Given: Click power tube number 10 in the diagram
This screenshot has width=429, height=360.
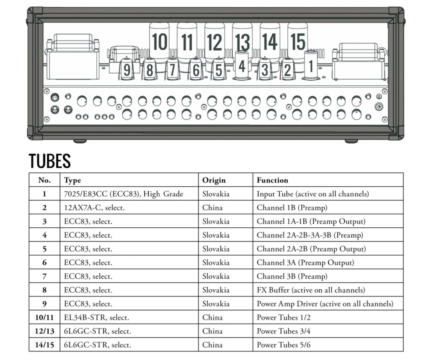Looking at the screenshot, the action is point(159,42).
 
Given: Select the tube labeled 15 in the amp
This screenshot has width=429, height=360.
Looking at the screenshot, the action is point(297,42).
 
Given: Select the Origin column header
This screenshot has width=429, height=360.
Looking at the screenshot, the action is point(214,180).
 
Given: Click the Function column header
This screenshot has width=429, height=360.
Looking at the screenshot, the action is point(272,180).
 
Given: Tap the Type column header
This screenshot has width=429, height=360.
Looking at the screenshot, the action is point(72,180).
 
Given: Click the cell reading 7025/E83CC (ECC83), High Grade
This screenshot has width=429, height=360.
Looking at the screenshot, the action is point(124,194).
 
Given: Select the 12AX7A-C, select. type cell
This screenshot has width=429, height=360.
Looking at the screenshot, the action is point(94,208).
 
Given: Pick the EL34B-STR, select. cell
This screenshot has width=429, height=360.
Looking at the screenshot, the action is point(96,317).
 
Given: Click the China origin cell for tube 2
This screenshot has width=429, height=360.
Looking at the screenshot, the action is point(212,208).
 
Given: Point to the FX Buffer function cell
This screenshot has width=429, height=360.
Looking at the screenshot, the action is point(311,290).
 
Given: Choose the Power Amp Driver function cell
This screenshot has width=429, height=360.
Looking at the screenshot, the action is point(325,303).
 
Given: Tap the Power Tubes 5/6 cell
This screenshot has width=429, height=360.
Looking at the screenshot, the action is point(284,345).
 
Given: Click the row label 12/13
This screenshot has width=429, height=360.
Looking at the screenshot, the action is point(44,331).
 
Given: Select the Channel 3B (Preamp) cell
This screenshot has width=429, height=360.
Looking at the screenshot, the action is point(292,276).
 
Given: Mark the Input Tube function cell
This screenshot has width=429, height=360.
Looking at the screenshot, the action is point(313,194).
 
